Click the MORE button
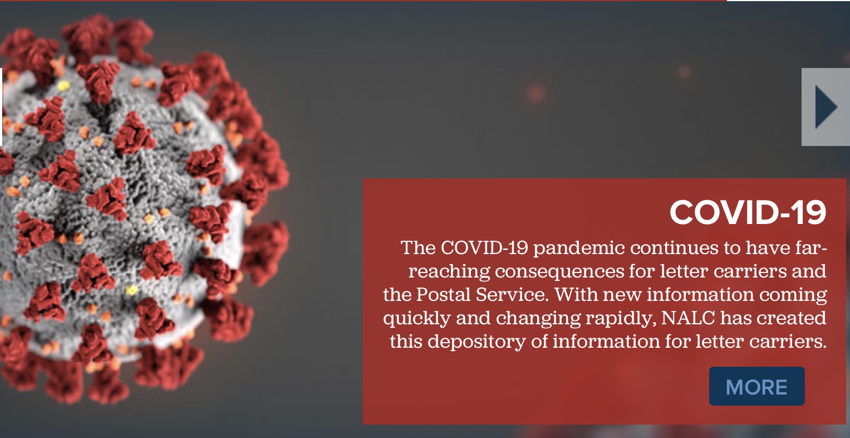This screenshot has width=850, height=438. point(756,386)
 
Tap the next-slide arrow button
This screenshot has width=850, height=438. point(826,107)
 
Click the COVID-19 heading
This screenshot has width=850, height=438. point(748,212)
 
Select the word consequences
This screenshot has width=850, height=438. point(559,271)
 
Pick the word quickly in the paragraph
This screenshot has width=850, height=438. point(416,318)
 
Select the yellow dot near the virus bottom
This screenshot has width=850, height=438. point(132,291)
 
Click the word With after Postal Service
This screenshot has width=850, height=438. point(576,294)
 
